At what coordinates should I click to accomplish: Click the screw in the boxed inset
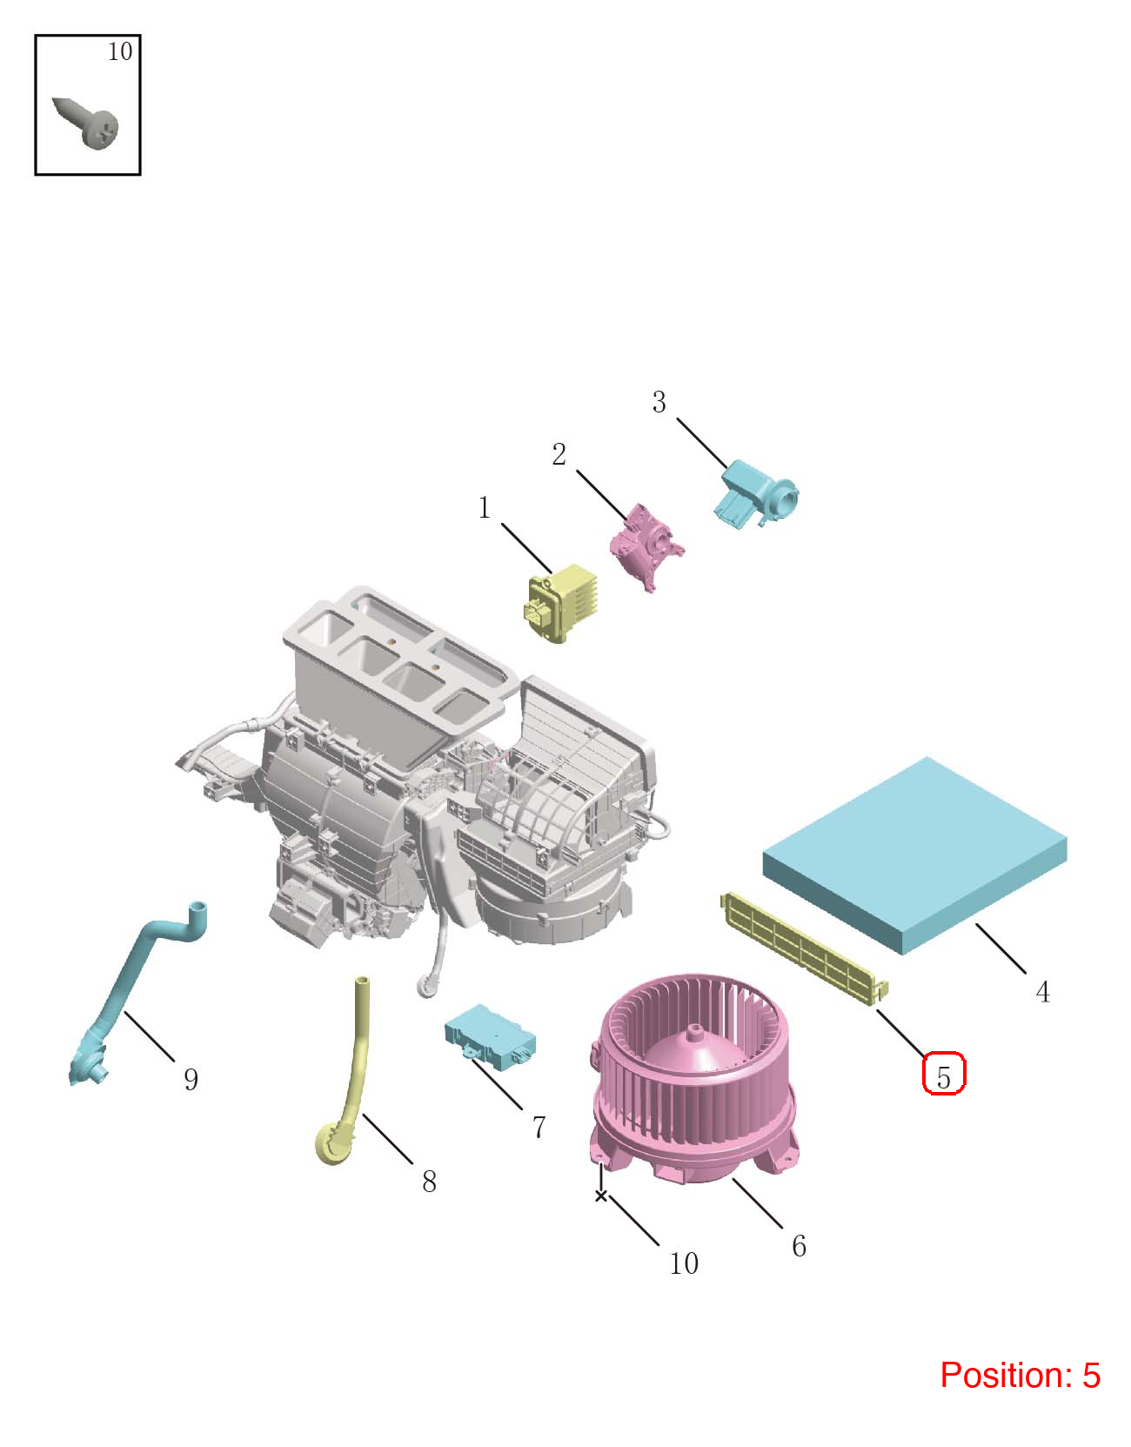pos(86,124)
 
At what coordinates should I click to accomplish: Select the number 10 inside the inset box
pos(120,52)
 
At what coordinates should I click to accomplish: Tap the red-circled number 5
pos(943,1077)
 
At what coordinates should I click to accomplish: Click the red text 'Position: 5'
pos(1020,1376)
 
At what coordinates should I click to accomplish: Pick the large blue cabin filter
pos(914,855)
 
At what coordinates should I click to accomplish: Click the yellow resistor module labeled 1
pos(560,603)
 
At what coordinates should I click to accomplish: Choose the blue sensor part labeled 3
pos(757,495)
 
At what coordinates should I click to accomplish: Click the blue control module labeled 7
pos(490,1037)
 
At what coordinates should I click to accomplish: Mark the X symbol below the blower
pos(600,1196)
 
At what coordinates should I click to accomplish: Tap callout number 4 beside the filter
pos(1042,992)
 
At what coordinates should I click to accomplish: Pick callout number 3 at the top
pos(659,402)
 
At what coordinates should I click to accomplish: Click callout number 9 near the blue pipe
pos(191,1080)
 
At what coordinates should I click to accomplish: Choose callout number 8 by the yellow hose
pos(430,1182)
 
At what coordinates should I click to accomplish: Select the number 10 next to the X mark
pos(684,1264)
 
